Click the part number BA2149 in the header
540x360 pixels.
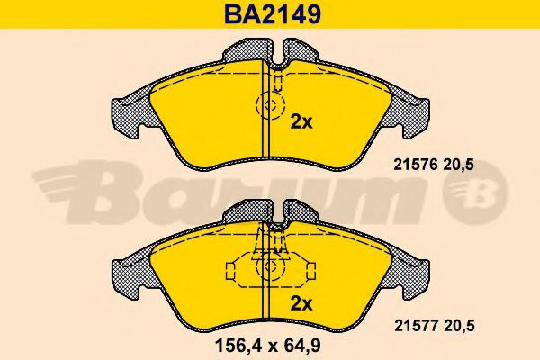(x=273, y=13)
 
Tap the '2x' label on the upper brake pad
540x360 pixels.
(x=301, y=122)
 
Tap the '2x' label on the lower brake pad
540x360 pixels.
(x=301, y=304)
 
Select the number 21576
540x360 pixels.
(x=415, y=165)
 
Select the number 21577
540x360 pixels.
(x=416, y=325)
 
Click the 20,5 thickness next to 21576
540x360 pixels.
(x=459, y=166)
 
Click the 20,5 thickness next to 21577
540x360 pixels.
(x=459, y=326)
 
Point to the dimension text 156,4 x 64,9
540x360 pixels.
(x=268, y=346)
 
